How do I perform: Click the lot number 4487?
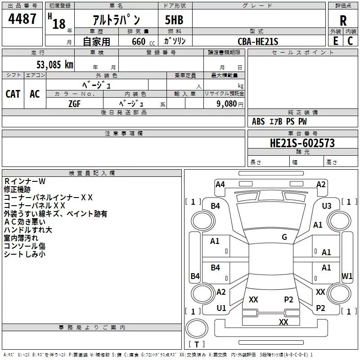pos(22,19)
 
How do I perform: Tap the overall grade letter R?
pos(343,21)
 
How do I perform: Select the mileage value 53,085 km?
pos(55,65)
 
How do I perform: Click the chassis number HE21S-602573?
pos(302,143)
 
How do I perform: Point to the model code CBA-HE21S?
pos(258,41)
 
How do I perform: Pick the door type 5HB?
pos(174,20)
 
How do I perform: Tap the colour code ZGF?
pos(74,104)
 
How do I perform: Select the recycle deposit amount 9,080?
pos(227,104)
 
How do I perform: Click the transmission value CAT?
pos(13,94)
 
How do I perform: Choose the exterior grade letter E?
pos(336,41)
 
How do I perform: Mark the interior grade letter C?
pos(350,41)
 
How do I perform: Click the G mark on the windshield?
pos(284,237)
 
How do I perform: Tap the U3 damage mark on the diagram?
pos(327,206)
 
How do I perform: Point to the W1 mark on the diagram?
pos(347,276)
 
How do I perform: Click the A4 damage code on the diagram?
pos(220,184)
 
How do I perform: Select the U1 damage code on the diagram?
pos(221,308)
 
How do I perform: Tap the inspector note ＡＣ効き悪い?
pos(25,222)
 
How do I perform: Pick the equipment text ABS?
pos(258,121)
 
